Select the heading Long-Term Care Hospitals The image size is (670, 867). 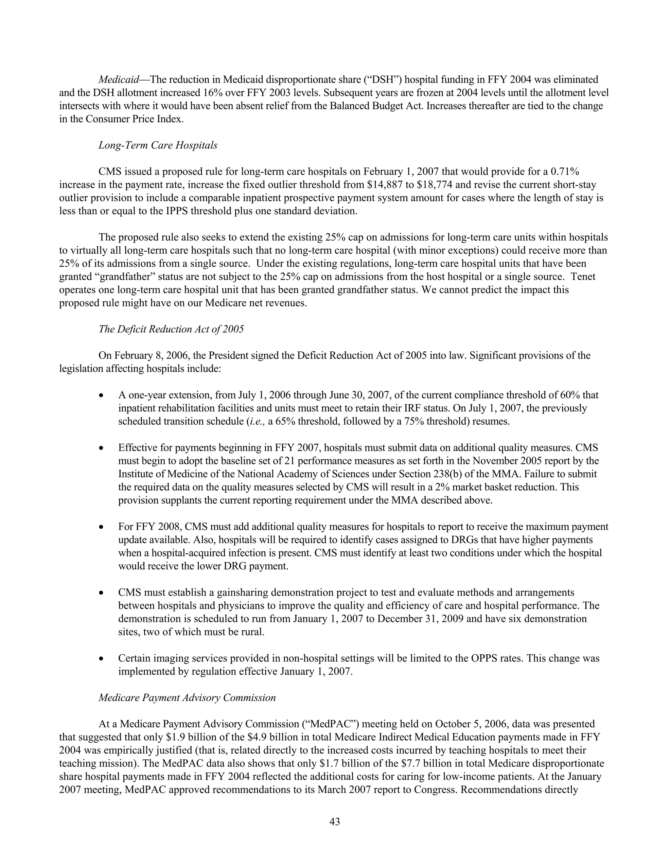(158, 145)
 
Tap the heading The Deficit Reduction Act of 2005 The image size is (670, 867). (171, 329)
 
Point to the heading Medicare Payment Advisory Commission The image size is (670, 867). (187, 698)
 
